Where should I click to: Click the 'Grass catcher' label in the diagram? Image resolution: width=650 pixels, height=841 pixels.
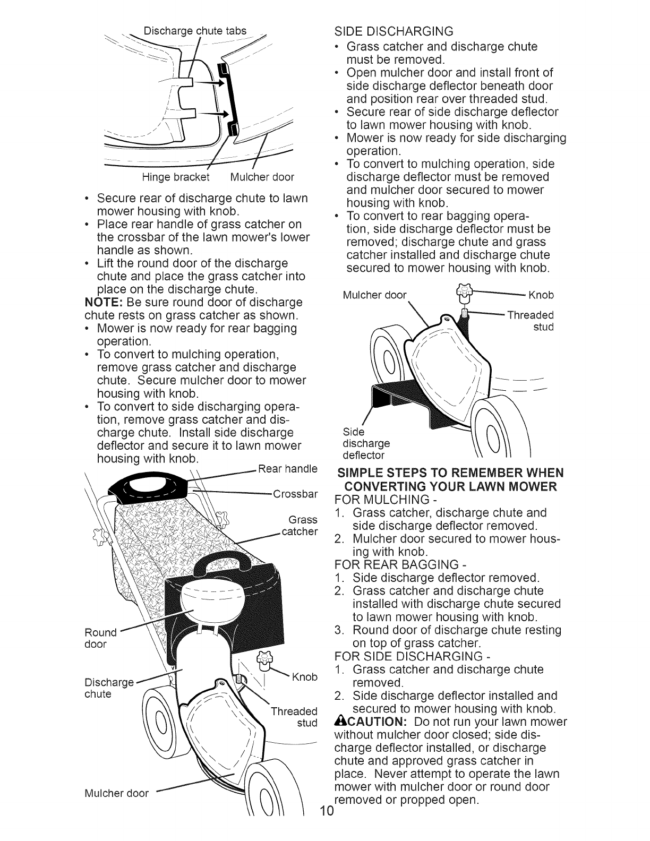coord(301,525)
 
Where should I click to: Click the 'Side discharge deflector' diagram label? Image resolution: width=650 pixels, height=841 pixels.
coord(366,443)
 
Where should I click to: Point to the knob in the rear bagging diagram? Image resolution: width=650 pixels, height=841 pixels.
coord(261,659)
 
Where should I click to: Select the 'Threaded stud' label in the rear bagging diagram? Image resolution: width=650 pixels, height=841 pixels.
coord(294,717)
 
